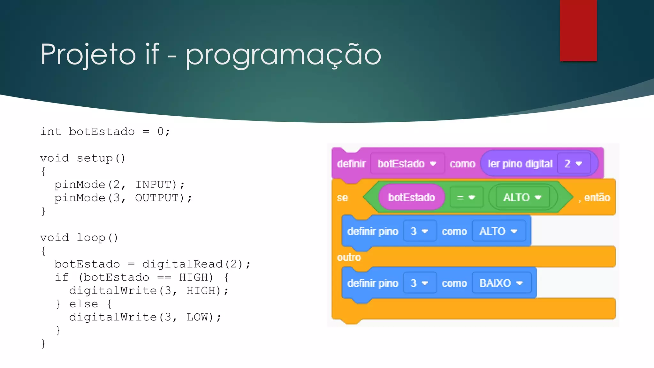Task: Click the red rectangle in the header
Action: coord(578,30)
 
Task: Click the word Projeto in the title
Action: coord(88,55)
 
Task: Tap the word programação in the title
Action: coord(283,55)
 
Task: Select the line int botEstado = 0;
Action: coord(105,132)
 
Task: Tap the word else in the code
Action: coord(83,304)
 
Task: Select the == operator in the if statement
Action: coord(164,277)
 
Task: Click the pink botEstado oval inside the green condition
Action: coord(411,197)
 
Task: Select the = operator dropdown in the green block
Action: coord(466,197)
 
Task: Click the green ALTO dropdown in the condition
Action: coord(522,197)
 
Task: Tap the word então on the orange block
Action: coord(597,197)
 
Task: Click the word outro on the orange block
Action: coord(349,257)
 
